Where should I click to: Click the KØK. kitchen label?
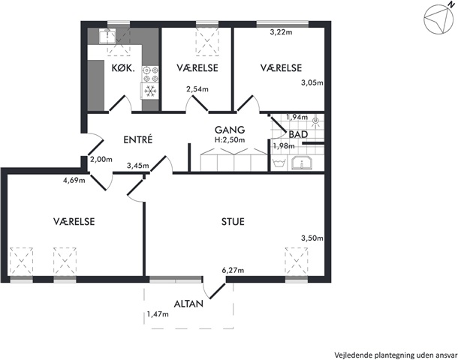(123, 68)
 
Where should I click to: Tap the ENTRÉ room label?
(138, 139)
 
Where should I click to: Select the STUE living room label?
(233, 222)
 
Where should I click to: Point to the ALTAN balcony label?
(188, 304)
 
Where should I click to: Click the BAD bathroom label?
(298, 134)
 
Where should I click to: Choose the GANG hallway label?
(230, 130)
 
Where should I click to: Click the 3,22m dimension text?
(281, 32)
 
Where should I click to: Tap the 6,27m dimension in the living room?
(233, 271)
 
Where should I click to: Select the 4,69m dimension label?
(74, 180)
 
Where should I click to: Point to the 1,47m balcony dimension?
(158, 314)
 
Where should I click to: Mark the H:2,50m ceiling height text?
(230, 140)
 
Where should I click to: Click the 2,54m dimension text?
(197, 89)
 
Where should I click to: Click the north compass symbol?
(439, 18)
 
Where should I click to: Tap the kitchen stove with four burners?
(150, 74)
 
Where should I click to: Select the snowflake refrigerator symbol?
(150, 91)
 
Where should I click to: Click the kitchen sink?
(107, 36)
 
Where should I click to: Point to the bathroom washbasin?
(302, 163)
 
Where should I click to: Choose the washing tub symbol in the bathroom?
(279, 163)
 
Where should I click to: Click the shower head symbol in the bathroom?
(315, 121)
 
